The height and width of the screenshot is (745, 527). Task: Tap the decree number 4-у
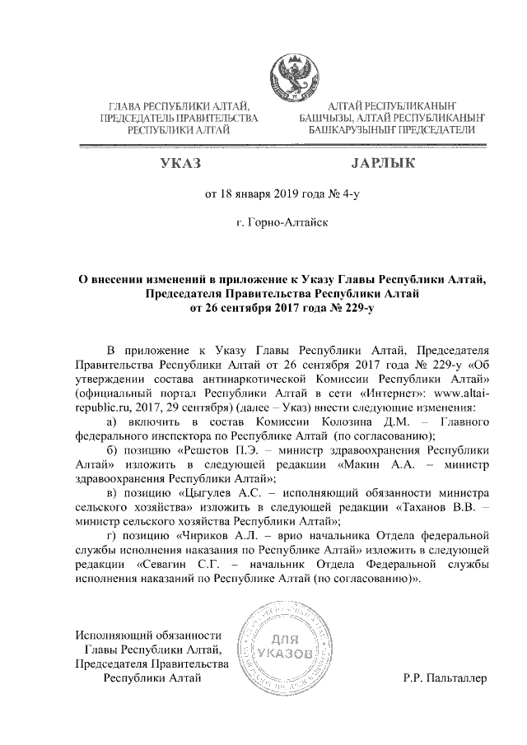[x=350, y=195]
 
